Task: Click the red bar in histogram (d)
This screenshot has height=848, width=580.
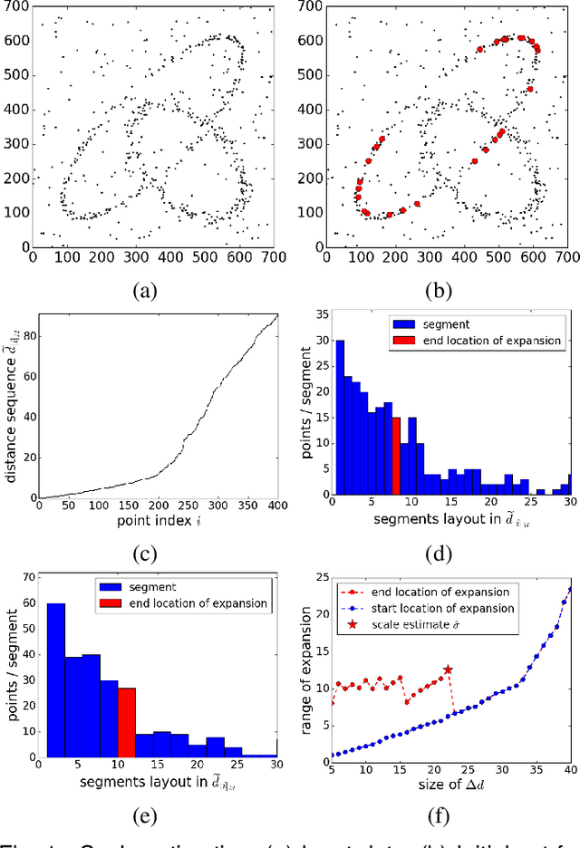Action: point(396,456)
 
